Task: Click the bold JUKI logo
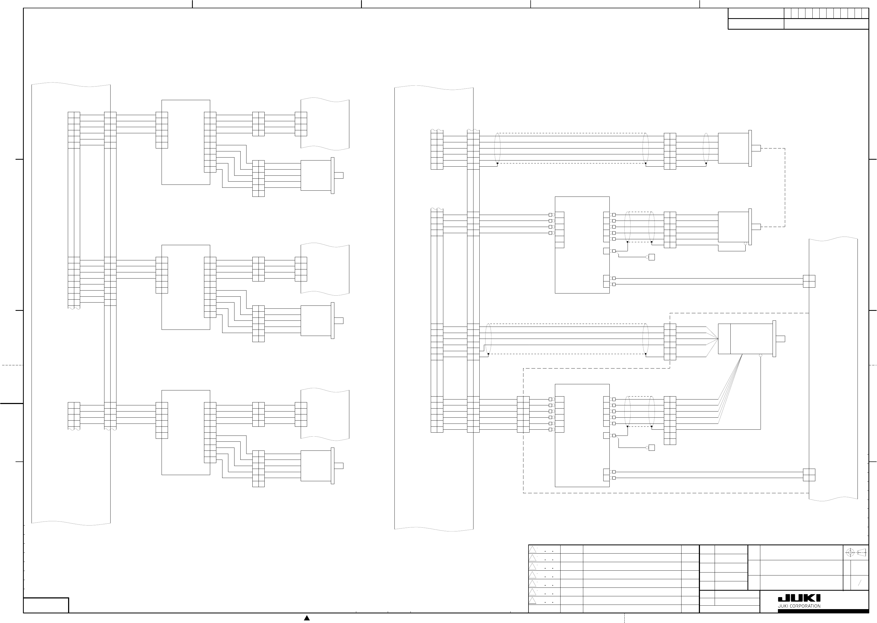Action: tap(799, 599)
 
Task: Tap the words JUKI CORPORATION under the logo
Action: tap(799, 606)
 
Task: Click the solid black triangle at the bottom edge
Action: tap(307, 618)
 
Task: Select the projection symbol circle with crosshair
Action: tap(850, 553)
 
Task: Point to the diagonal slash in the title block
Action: tap(860, 583)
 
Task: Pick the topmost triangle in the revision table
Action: tap(533, 549)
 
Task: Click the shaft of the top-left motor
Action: tap(339, 175)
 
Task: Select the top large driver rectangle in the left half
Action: tap(186, 142)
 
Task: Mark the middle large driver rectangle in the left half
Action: tap(186, 287)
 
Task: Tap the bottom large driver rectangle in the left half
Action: tap(186, 432)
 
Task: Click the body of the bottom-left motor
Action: tap(316, 466)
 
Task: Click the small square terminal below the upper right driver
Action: tap(651, 257)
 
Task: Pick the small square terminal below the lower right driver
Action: tap(651, 448)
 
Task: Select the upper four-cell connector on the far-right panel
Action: tap(809, 281)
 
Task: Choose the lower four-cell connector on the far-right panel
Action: tap(809, 475)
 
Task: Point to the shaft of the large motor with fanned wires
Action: tap(780, 339)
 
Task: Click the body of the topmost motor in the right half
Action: tap(733, 148)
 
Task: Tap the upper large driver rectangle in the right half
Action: tap(582, 245)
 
